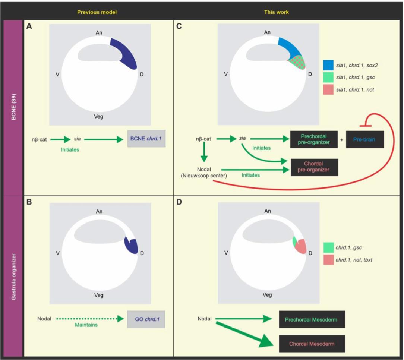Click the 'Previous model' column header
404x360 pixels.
(x=97, y=12)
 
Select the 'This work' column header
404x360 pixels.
(x=276, y=12)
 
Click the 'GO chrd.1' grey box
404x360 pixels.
(x=146, y=319)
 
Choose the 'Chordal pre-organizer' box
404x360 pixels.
(x=313, y=167)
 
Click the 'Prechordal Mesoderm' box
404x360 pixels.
(x=312, y=320)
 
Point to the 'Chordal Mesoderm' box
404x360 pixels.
(x=312, y=344)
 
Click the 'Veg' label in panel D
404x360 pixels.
(x=267, y=294)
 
